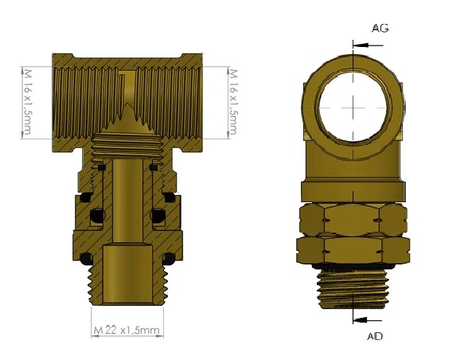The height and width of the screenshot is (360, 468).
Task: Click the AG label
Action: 380,29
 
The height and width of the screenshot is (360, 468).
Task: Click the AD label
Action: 375,336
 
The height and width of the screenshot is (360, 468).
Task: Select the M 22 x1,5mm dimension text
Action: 127,330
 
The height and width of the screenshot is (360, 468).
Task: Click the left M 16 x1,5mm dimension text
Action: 27,102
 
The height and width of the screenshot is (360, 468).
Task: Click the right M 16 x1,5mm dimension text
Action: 233,102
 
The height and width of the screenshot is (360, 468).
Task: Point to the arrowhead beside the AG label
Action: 360,45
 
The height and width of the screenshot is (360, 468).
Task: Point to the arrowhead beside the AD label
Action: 360,320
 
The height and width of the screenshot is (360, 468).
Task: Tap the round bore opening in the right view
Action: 353,108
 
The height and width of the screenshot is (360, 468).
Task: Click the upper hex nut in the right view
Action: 353,220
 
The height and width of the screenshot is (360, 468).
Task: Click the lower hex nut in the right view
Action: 353,249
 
